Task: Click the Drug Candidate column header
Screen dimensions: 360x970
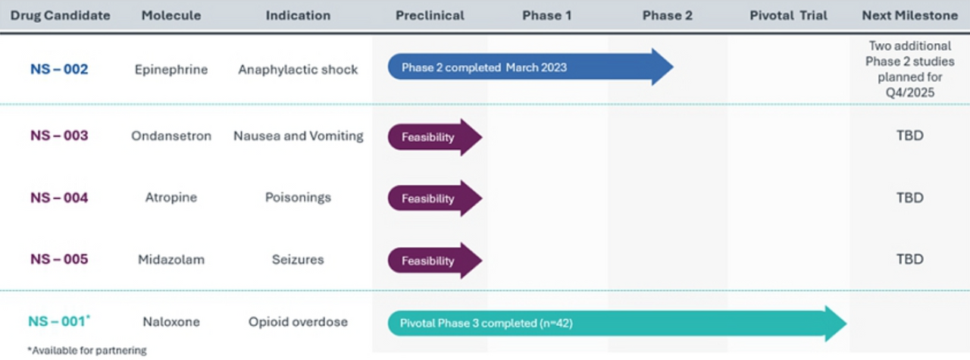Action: (x=60, y=15)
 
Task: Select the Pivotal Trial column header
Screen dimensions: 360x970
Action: (x=788, y=15)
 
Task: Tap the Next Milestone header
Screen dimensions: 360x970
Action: (x=909, y=15)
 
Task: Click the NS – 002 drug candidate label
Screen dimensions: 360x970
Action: (x=59, y=70)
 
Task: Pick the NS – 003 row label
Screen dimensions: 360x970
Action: (x=59, y=136)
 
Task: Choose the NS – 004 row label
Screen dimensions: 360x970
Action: (x=59, y=198)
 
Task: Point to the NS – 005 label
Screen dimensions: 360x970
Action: (x=59, y=259)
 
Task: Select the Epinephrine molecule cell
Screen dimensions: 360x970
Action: (x=171, y=70)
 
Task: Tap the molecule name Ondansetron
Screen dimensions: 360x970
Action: (x=171, y=136)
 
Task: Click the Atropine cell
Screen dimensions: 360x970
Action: (x=171, y=198)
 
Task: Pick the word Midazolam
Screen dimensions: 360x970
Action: (x=171, y=259)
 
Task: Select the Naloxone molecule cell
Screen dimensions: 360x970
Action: (x=171, y=321)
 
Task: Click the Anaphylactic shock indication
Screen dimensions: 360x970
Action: (x=298, y=70)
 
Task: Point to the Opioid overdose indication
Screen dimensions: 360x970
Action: (x=298, y=321)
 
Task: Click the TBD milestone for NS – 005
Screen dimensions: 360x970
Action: (x=909, y=259)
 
